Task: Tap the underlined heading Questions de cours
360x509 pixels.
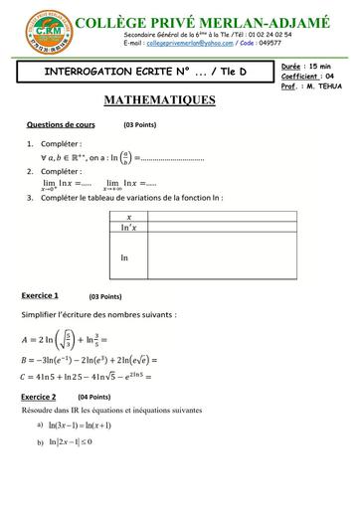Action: click(x=62, y=125)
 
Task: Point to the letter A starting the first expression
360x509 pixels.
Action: click(x=26, y=339)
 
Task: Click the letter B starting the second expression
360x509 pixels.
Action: click(x=25, y=360)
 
